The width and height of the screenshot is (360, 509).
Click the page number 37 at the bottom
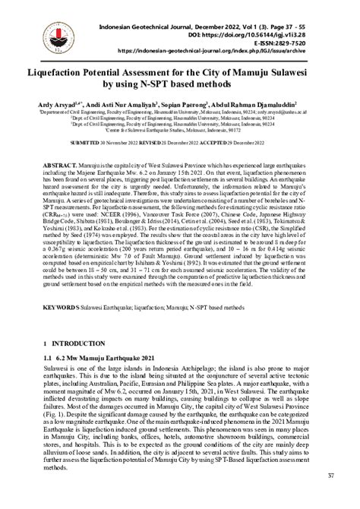tap(330, 498)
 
